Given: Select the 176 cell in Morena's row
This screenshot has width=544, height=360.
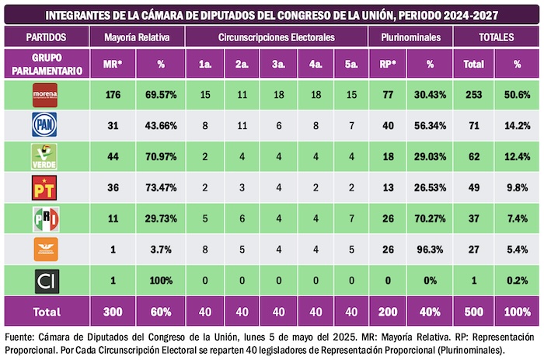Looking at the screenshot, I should coord(111,95).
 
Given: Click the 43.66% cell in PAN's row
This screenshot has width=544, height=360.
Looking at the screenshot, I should coord(161,125).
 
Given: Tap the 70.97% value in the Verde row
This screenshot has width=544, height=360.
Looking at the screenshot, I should coord(161,156).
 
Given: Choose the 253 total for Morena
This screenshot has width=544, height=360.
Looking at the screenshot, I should coord(474,95).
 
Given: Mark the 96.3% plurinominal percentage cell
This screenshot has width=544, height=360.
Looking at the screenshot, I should coord(430,249).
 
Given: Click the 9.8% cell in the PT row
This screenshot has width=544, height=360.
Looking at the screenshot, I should coord(517,187).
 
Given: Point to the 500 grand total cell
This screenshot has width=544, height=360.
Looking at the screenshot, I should coord(474,311).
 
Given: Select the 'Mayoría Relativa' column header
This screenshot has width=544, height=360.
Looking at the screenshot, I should coord(137,37).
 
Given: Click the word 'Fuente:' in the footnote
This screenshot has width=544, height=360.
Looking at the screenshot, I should coord(22,337).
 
